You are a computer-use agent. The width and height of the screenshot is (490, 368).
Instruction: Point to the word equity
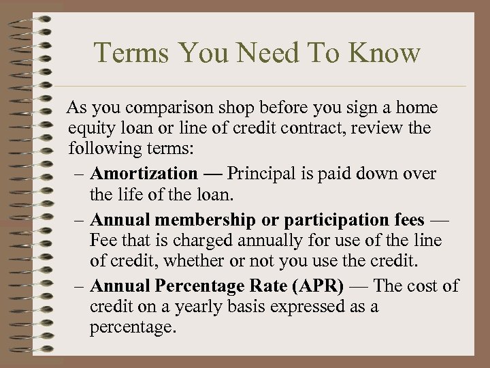pos(91,129)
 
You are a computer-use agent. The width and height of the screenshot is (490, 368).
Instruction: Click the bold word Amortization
pos(143,174)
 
